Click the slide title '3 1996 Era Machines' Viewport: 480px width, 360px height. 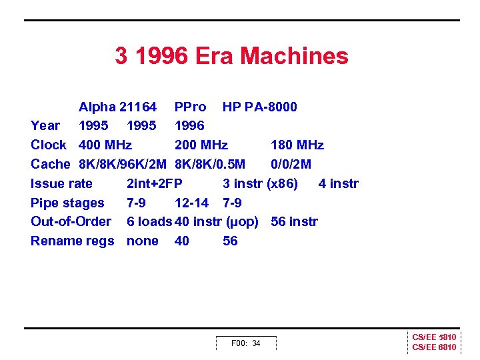tap(231, 56)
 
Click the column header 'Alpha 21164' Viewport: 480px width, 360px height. tap(117, 107)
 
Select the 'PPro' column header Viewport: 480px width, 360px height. tap(190, 107)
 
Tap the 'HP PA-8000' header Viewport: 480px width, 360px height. tap(260, 107)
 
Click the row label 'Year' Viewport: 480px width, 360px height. tap(45, 126)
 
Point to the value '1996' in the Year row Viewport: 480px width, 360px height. tap(189, 126)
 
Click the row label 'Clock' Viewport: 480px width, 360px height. tap(49, 145)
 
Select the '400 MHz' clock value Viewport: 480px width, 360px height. tap(105, 145)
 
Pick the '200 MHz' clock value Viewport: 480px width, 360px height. tap(201, 145)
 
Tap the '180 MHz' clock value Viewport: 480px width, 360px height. tap(297, 145)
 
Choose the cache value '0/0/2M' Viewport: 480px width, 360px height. tap(291, 165)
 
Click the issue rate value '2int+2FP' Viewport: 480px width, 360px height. tap(155, 183)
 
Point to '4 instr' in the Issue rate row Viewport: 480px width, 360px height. tap(339, 183)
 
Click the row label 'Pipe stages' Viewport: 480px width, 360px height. tap(67, 203)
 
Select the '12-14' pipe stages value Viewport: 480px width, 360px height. tap(191, 203)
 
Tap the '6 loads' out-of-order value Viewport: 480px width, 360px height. tap(149, 222)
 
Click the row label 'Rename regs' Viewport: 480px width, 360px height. tap(72, 241)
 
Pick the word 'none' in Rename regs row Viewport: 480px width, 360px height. tap(143, 241)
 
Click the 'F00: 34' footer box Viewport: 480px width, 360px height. tap(245, 343)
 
